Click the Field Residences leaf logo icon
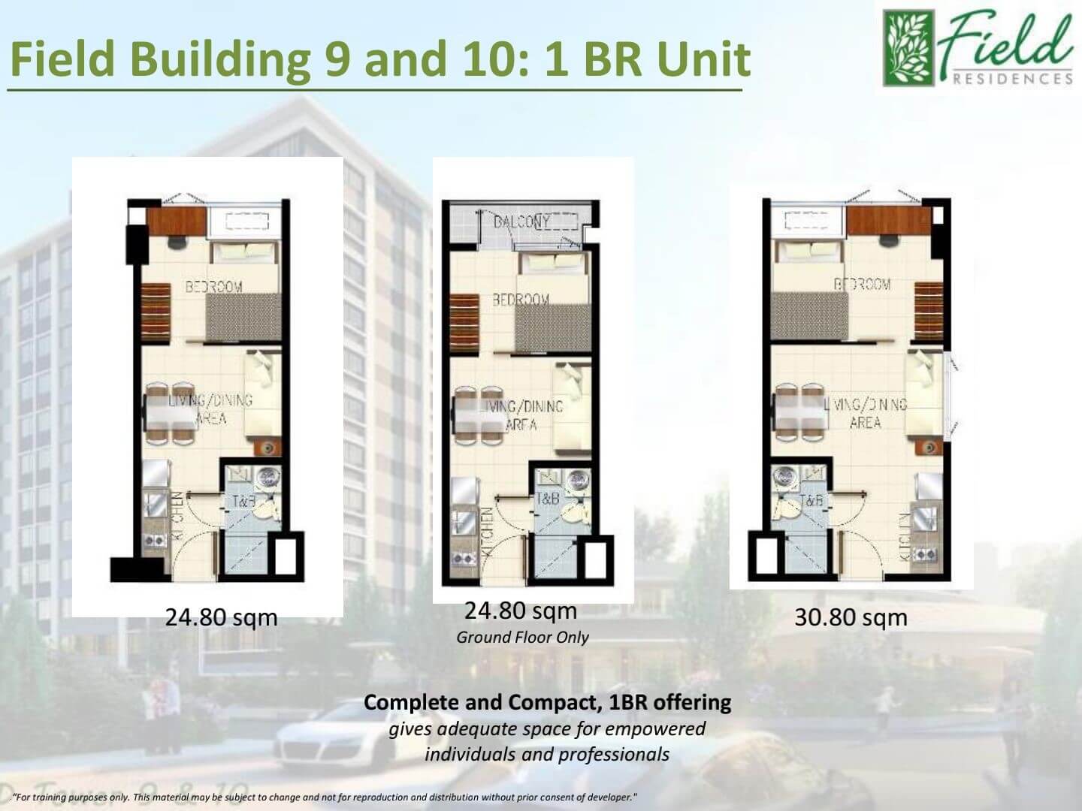click(x=908, y=47)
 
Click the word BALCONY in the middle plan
click(x=521, y=222)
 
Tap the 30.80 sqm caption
click(x=851, y=618)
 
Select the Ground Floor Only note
click(x=522, y=638)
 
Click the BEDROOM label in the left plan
click(x=214, y=286)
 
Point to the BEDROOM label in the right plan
click(x=862, y=284)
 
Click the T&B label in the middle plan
click(x=547, y=499)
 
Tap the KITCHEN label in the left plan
click(x=178, y=516)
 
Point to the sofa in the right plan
click(x=923, y=394)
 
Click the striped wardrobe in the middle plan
click(x=464, y=322)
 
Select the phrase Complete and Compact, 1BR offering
click(x=547, y=703)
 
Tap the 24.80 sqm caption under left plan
click(x=221, y=618)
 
